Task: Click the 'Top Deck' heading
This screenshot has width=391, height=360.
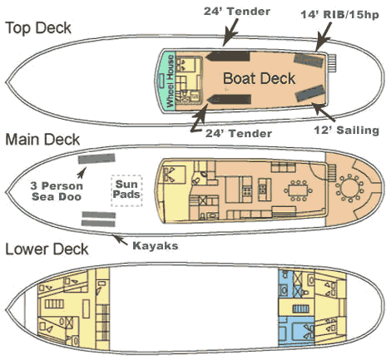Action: click(x=38, y=28)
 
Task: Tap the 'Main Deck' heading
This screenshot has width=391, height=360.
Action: click(x=42, y=140)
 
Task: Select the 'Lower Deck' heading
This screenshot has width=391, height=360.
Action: click(x=47, y=249)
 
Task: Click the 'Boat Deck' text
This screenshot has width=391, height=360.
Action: click(x=259, y=78)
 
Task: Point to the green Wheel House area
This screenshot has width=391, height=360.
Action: click(x=167, y=81)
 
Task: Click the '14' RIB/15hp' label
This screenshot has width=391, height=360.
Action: click(x=339, y=14)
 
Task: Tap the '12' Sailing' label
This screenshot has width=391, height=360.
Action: click(x=346, y=131)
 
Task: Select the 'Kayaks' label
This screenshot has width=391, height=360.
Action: click(x=156, y=246)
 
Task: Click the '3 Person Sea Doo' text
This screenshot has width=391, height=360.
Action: click(x=57, y=191)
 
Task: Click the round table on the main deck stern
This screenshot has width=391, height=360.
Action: click(x=349, y=189)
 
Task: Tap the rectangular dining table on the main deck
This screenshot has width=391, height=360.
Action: click(x=298, y=190)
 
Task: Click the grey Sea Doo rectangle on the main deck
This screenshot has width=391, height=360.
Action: click(x=97, y=159)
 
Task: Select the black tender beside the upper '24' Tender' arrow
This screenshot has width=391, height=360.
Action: click(x=227, y=57)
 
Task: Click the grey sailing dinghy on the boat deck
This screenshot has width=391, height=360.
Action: click(x=309, y=93)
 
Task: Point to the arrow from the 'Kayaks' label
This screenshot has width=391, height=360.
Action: click(x=120, y=239)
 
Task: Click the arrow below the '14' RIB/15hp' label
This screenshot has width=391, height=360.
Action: click(x=324, y=37)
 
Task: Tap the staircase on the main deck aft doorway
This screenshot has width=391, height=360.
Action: click(x=332, y=172)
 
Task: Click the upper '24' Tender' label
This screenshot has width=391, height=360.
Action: click(x=237, y=12)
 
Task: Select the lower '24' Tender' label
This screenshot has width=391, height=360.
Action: click(x=239, y=134)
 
